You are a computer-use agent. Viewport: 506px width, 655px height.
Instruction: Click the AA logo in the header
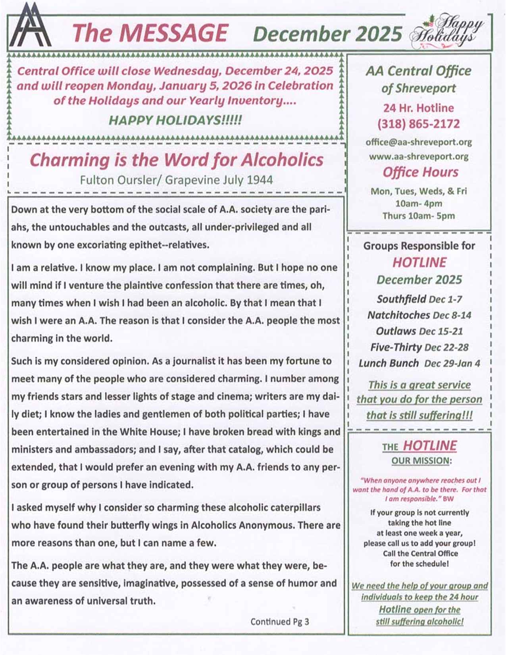coord(30,27)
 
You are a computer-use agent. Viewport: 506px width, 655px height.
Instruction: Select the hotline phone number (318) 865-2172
coord(418,124)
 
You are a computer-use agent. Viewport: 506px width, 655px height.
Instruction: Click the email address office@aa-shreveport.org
coord(418,142)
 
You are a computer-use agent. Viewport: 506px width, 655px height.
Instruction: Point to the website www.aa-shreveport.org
coord(418,156)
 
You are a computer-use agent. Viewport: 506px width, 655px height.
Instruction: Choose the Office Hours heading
coord(420,172)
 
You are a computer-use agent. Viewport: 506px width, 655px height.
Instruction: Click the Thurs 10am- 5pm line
coord(418,216)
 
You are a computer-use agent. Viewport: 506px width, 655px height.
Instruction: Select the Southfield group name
coord(401,299)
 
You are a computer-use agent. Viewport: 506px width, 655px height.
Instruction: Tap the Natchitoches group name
coord(398,315)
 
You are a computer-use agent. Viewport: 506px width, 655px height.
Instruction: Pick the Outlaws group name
coord(396,331)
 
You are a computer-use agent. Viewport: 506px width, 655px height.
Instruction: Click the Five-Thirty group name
coord(396,347)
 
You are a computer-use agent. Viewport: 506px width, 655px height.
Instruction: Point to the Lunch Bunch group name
coord(389,363)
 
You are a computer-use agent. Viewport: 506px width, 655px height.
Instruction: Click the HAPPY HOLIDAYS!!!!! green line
coord(175,120)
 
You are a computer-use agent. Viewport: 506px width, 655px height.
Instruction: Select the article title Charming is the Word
coord(177,160)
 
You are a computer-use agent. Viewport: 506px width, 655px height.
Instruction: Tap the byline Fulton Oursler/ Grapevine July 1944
coord(176,180)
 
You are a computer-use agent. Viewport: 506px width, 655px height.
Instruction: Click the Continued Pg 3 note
coord(279,622)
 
